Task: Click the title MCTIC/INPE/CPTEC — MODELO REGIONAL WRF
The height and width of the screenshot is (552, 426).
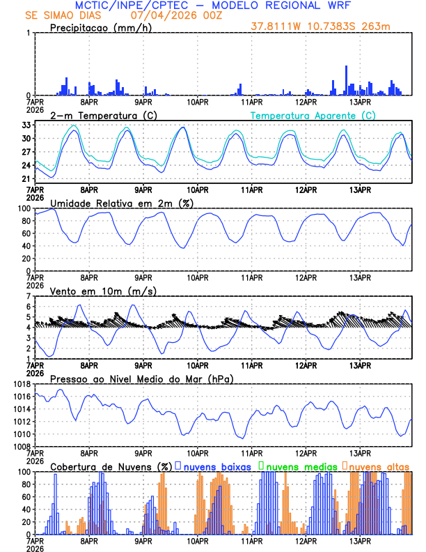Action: tap(212, 5)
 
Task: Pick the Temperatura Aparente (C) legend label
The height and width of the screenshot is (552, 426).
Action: tap(313, 115)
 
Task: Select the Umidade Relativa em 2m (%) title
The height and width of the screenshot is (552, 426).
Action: tap(122, 203)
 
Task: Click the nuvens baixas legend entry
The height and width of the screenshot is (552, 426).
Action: tap(216, 466)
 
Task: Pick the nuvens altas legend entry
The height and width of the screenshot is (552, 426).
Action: tap(379, 466)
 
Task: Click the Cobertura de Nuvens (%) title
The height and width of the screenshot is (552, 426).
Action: tap(111, 466)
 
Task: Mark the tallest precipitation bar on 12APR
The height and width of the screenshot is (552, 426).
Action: tap(347, 81)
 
